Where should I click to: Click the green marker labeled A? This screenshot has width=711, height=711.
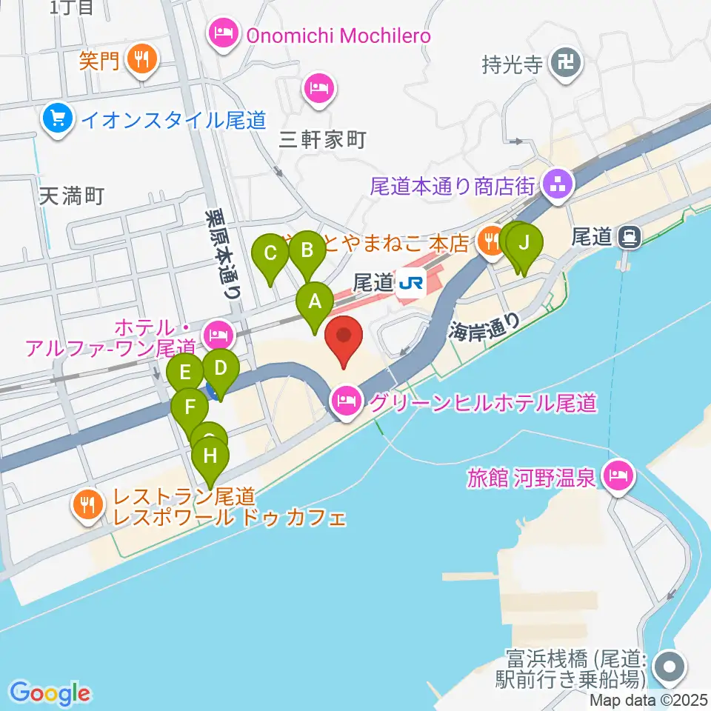click(x=315, y=303)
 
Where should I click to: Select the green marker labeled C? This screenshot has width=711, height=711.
click(x=270, y=254)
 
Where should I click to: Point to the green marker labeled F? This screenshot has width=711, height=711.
click(x=190, y=407)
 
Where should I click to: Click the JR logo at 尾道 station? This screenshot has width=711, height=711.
click(x=410, y=282)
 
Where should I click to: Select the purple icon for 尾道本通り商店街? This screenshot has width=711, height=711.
click(x=556, y=183)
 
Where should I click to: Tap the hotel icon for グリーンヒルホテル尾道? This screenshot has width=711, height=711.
click(x=347, y=402)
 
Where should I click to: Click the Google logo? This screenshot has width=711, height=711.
click(x=50, y=693)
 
